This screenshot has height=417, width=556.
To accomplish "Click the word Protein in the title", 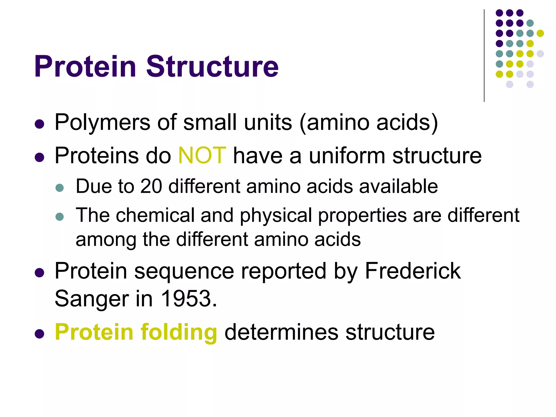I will tap(85, 67).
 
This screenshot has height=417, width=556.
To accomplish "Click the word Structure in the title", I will tap(212, 67).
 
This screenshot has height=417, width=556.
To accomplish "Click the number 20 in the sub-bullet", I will tap(151, 187).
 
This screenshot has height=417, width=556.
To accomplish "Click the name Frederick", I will tap(413, 271).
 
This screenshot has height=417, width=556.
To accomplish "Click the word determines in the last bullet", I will tap(281, 332).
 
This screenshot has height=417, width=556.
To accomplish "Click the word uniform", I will tap(347, 156).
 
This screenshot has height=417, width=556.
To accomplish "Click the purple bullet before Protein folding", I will tap(40, 334).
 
